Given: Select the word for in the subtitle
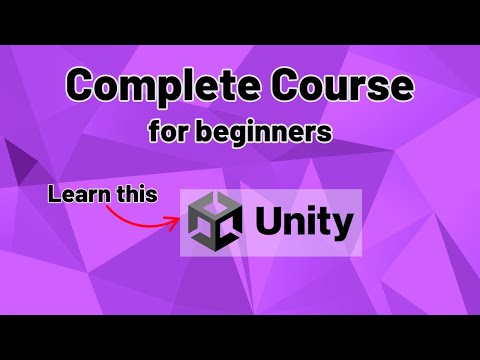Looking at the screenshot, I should (x=167, y=132).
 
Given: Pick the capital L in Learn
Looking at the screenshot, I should (x=56, y=193).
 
